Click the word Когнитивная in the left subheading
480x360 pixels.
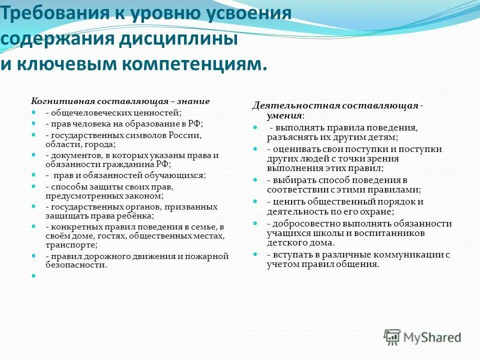(x=58, y=101)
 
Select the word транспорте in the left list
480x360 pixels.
(x=71, y=245)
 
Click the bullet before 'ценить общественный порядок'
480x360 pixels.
(x=255, y=201)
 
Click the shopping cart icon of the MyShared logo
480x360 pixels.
(x=392, y=336)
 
